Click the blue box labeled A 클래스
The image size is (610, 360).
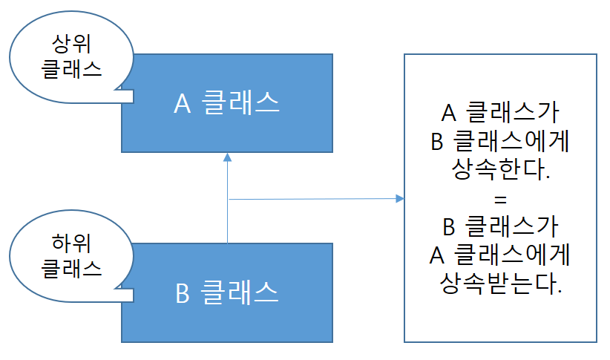click(226, 103)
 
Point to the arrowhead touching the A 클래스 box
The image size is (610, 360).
click(227, 157)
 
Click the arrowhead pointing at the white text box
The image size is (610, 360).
click(399, 198)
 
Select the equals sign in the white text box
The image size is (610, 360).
click(500, 199)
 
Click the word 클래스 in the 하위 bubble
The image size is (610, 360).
click(71, 267)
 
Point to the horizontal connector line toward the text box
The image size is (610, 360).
click(312, 199)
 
